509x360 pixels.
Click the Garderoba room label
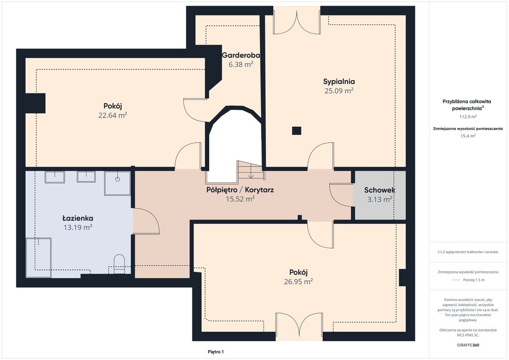coord(241,55)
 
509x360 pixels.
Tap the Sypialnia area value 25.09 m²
coord(339,90)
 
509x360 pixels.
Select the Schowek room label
coord(379,190)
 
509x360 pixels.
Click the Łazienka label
coord(78,218)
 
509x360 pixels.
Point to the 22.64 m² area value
coord(113,115)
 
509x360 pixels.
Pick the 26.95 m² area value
coord(298,281)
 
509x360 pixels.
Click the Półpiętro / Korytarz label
coord(240,189)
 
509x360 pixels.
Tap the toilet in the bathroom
coord(119,264)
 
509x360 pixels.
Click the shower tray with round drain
coord(117,183)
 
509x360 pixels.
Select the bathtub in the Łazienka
coord(39,258)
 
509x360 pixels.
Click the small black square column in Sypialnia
coord(296,130)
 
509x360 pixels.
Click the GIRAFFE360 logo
coord(468,345)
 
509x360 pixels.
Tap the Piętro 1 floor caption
coord(216,352)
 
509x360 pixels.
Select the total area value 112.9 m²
coord(468,116)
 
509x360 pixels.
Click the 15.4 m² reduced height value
coord(468,136)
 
